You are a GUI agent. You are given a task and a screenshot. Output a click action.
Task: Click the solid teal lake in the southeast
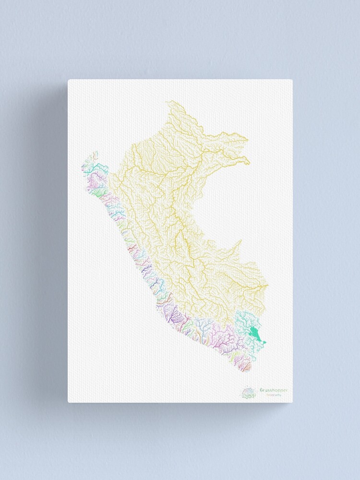[256, 334]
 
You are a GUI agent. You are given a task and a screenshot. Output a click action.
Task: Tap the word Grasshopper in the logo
[274, 390]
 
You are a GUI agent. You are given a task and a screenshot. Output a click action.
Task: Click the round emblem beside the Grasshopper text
[249, 393]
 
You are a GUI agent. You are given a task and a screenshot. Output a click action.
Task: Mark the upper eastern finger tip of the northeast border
[248, 140]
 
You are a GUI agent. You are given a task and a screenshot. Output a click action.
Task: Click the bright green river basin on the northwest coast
[98, 192]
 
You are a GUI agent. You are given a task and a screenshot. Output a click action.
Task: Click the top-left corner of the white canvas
[68, 80]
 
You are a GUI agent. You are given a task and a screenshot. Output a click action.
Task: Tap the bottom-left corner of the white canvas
[68, 402]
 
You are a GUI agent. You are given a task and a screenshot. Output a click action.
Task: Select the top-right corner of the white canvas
[292, 80]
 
